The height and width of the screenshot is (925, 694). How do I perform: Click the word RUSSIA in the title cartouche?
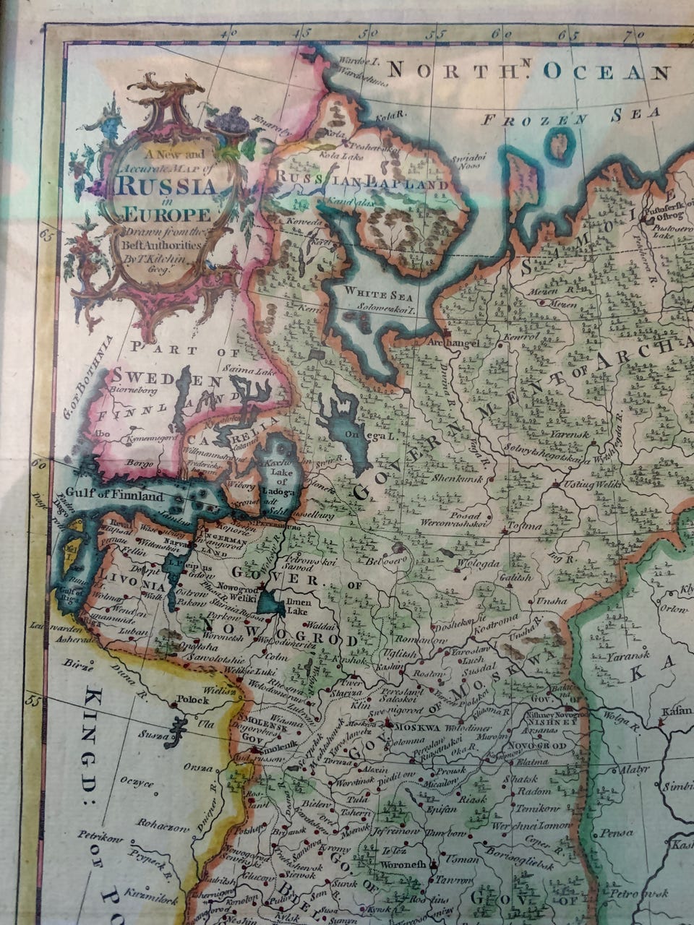click(166, 186)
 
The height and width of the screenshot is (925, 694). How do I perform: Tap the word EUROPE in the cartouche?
click(167, 215)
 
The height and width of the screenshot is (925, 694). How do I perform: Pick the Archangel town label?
click(454, 343)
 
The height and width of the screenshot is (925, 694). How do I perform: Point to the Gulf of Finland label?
click(114, 496)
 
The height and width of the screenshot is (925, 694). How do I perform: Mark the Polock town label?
click(192, 700)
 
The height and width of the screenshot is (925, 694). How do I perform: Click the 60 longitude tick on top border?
click(497, 33)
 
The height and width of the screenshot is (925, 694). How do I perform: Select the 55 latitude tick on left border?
click(32, 699)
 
